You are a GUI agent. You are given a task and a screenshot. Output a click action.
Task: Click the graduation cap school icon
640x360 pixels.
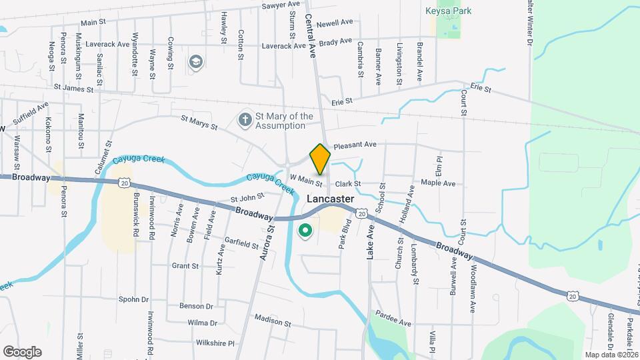(x=195, y=62)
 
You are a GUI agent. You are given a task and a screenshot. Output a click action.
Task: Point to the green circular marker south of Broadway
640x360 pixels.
(x=305, y=231)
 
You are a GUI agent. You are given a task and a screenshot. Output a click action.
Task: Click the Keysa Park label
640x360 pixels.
(x=448, y=11)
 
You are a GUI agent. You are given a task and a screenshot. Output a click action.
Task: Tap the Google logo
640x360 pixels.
(x=22, y=351)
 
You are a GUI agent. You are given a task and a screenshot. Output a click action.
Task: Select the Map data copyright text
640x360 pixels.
(x=611, y=354)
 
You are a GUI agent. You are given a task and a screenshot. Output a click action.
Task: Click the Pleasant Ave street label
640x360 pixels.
(x=355, y=144)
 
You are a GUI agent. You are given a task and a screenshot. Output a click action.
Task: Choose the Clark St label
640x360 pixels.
(x=348, y=183)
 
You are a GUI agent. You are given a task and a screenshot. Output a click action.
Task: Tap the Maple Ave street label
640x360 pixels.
(x=438, y=183)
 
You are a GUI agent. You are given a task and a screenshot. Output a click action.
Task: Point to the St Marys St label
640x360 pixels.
(x=199, y=122)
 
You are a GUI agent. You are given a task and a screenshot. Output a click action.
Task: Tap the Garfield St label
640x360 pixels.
(x=241, y=241)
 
